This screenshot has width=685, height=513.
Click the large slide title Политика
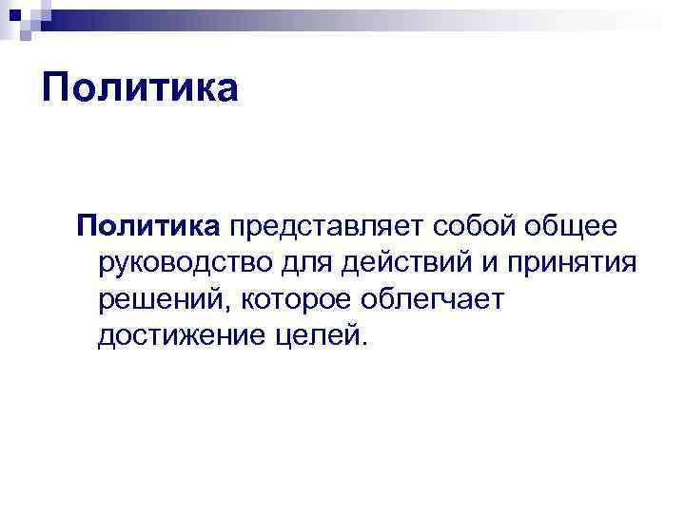tap(139, 88)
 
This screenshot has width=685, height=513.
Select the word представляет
tap(325, 228)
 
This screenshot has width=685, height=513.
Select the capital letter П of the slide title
tap(58, 88)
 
